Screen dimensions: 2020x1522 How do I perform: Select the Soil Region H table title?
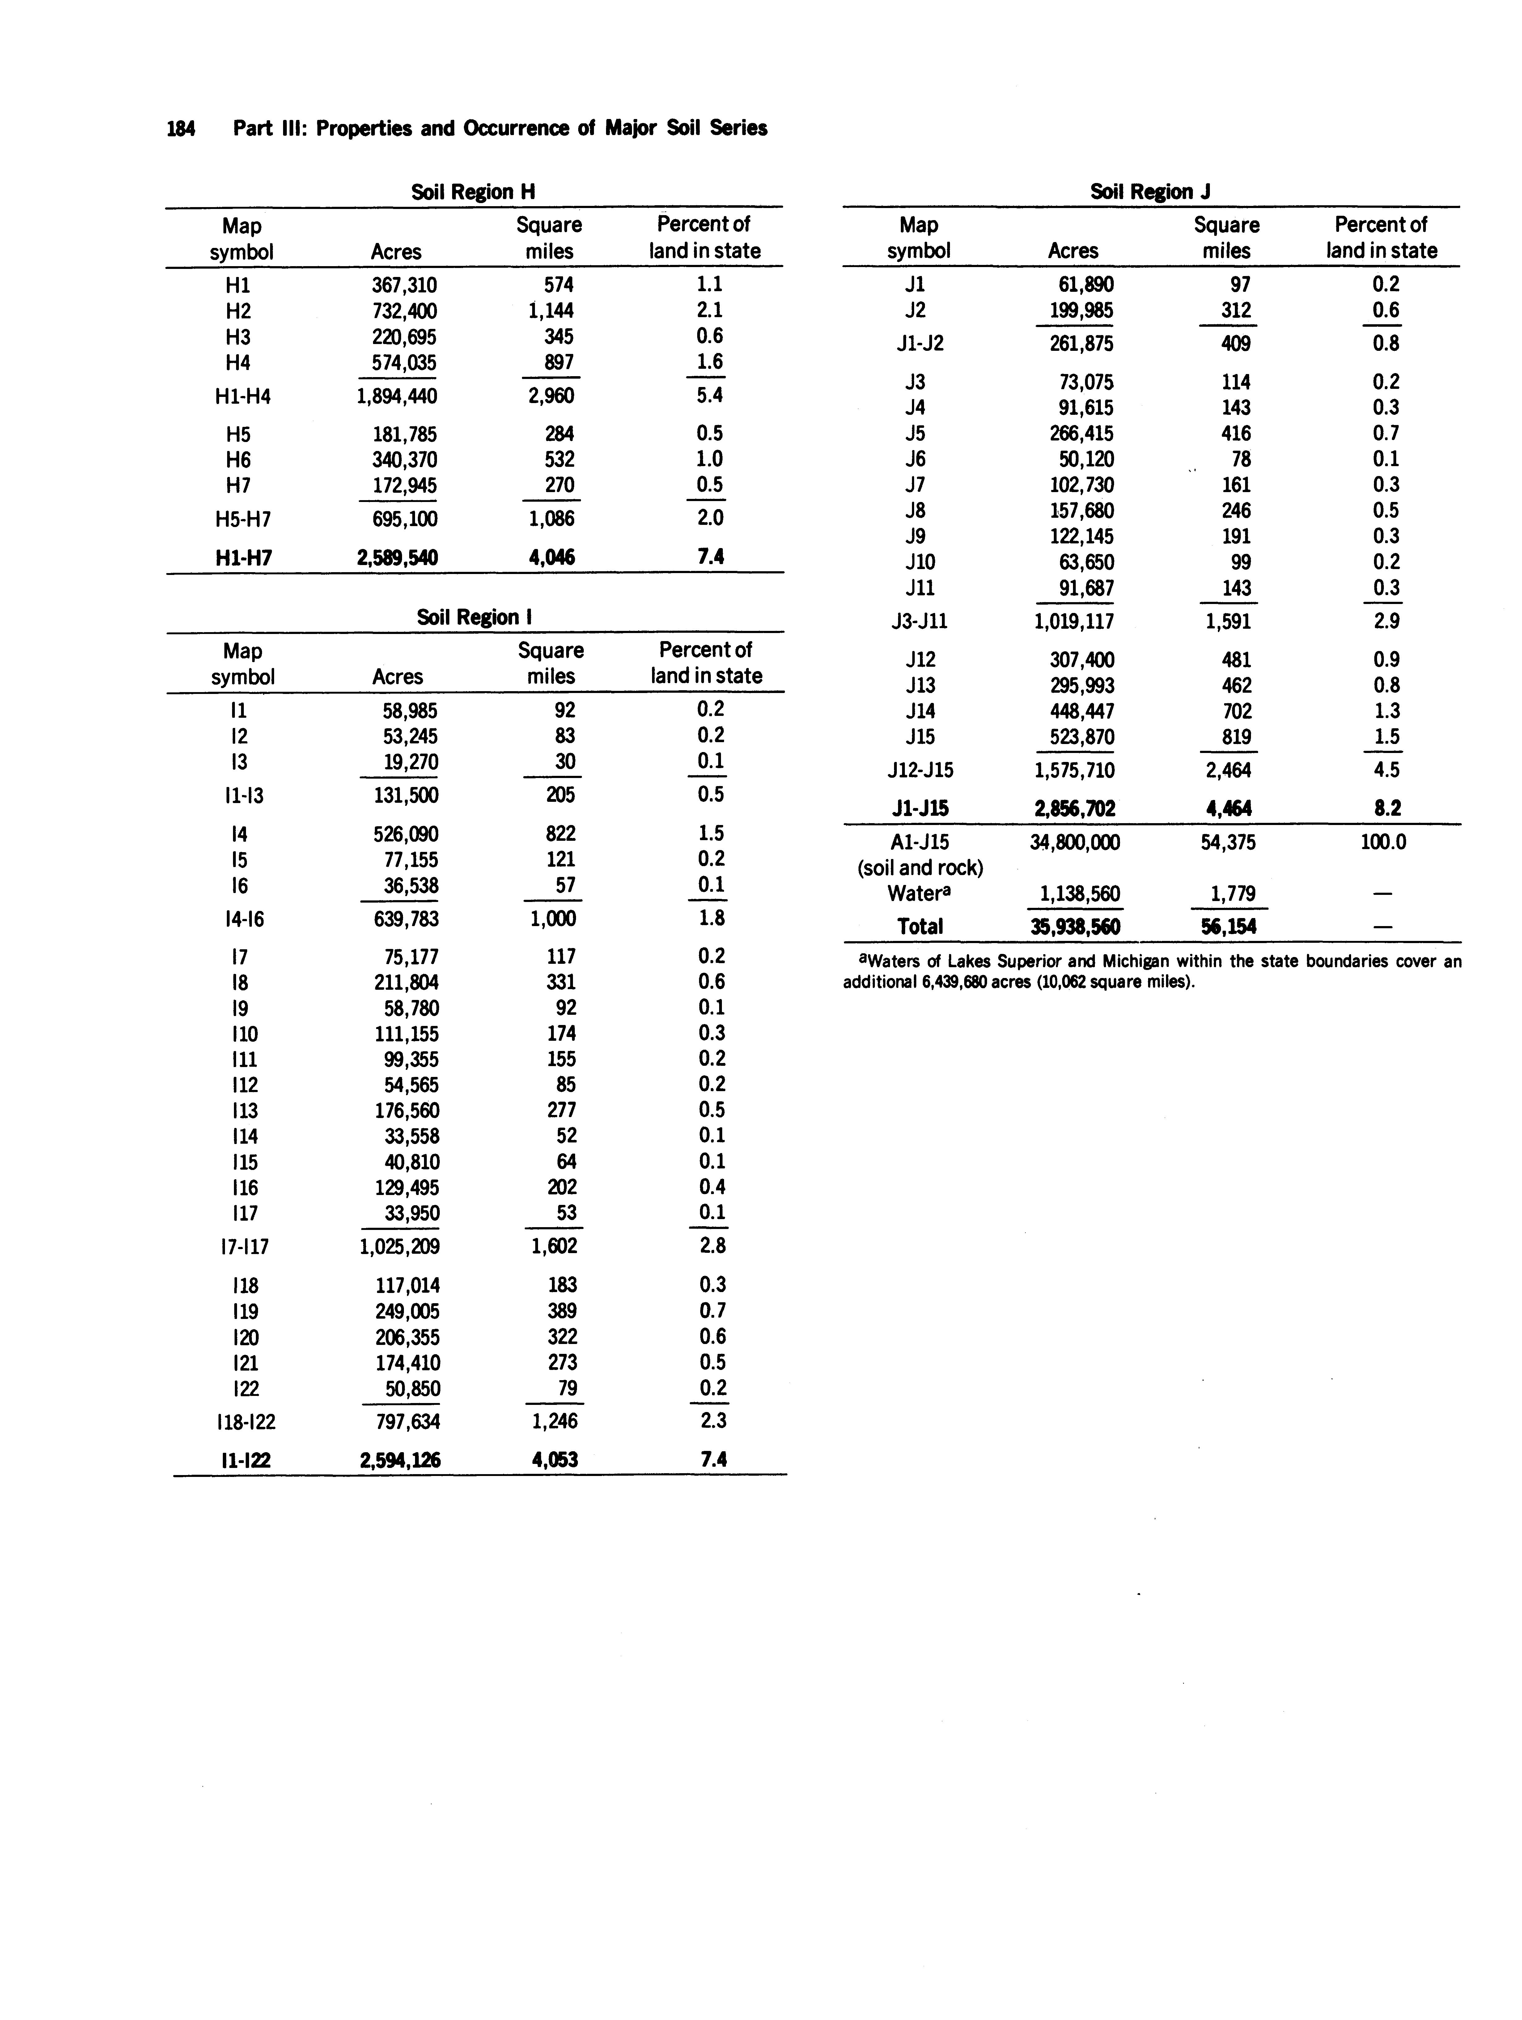pos(473,192)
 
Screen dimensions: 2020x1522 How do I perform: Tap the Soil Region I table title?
pos(474,617)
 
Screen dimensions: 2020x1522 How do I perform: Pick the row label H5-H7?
pos(243,520)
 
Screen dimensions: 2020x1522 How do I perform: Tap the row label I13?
pos(245,1110)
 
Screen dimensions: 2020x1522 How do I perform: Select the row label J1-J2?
pos(919,343)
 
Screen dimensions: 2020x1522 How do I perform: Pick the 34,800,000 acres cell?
pos(1075,842)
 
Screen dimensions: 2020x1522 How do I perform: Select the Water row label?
pos(916,894)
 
